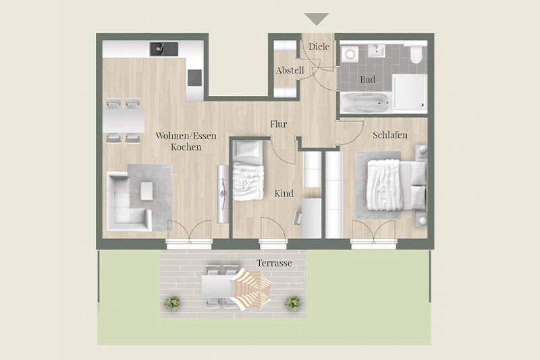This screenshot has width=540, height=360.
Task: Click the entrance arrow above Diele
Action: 317,19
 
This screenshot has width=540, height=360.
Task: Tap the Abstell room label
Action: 290,70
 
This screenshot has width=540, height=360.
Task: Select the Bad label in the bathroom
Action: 367,80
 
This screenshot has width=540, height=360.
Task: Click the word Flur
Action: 278,124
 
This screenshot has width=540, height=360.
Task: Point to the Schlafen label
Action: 390,135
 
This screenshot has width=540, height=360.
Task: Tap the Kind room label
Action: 283,193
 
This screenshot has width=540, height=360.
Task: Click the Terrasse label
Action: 274,263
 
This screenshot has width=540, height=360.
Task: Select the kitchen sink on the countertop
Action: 164,49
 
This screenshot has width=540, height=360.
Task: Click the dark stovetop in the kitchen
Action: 194,78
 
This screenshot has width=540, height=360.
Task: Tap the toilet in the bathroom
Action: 416,53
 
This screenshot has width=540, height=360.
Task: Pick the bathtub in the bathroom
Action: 364,103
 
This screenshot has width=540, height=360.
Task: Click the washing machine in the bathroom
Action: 350,54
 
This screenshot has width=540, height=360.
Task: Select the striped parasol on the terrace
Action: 251,288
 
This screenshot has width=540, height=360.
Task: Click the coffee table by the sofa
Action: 146,191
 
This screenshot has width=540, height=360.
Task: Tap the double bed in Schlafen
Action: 396,185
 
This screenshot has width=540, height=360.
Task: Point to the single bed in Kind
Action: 248,170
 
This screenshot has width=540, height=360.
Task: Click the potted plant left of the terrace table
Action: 172,303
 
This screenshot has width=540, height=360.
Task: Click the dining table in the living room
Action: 124,121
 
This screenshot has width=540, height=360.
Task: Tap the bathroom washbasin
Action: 376,51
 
